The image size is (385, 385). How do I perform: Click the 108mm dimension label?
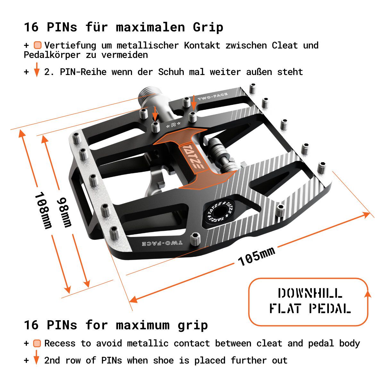click(44, 210)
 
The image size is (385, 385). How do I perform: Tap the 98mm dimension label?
click(64, 212)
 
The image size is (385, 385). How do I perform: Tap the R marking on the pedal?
click(173, 125)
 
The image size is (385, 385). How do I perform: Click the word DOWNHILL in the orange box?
click(310, 293)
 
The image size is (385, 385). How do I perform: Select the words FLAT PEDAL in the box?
click(310, 309)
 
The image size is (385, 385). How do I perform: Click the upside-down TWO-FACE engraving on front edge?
click(163, 243)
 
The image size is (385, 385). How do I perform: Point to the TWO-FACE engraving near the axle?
click(213, 96)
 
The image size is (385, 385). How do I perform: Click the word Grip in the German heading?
click(208, 27)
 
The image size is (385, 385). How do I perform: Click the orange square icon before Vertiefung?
click(38, 46)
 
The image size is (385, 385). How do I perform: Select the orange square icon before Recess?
click(37, 344)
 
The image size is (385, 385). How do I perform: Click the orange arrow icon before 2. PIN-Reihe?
click(37, 70)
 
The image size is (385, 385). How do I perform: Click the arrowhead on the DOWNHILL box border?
click(368, 293)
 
